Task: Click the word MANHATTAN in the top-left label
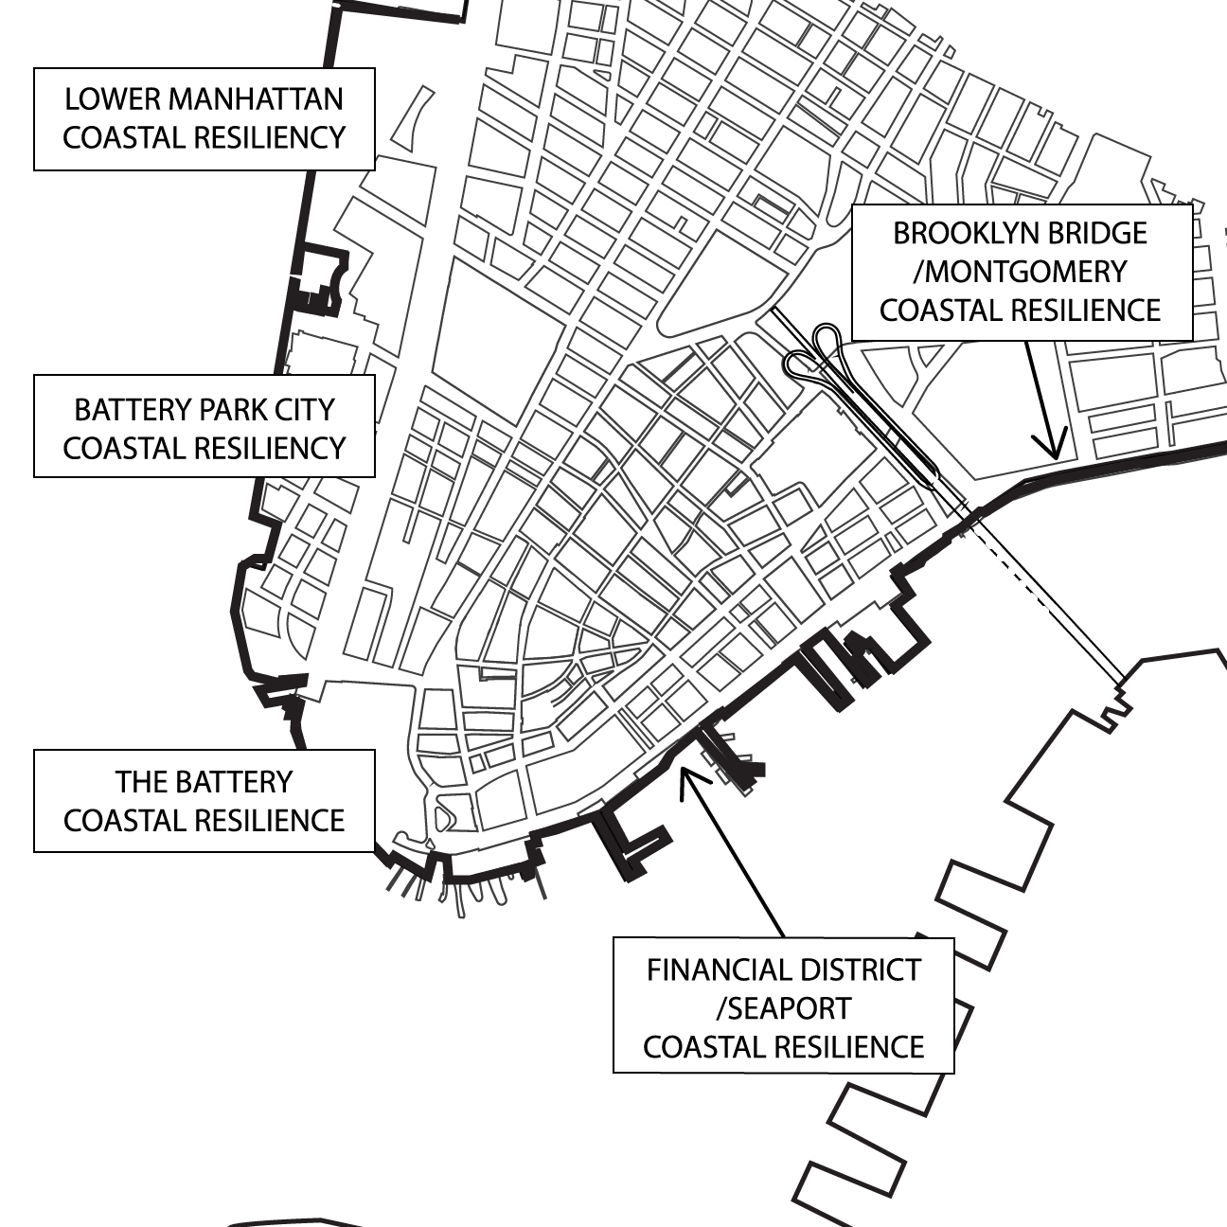tap(250, 99)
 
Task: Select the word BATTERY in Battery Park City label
tap(136, 410)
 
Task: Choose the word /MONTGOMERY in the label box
tap(1020, 272)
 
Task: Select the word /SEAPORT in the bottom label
tap(783, 1009)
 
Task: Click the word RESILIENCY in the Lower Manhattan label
tap(271, 137)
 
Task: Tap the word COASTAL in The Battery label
tap(121, 820)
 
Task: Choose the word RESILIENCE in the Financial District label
tap(851, 1047)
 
